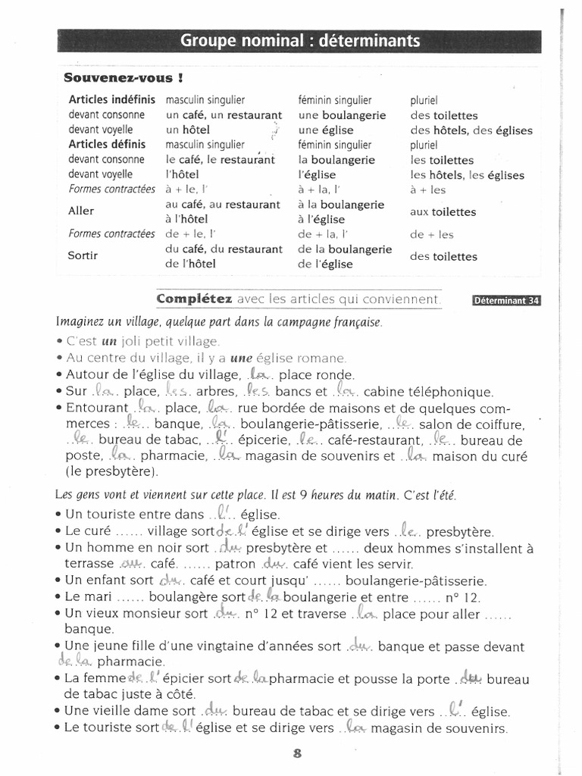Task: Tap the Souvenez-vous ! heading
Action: pyautogui.click(x=123, y=77)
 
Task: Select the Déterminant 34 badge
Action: pyautogui.click(x=506, y=300)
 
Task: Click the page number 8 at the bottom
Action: pyautogui.click(x=296, y=753)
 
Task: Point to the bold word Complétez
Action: pyautogui.click(x=194, y=299)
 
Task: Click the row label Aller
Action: pyautogui.click(x=81, y=211)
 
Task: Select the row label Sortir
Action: pyautogui.click(x=83, y=255)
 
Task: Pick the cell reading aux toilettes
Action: pyautogui.click(x=443, y=212)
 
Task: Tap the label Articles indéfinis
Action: pyautogui.click(x=111, y=100)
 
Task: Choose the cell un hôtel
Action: pyautogui.click(x=188, y=130)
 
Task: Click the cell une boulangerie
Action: pyautogui.click(x=342, y=115)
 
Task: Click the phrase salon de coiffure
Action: pyautogui.click(x=471, y=424)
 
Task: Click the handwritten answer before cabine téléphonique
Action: pyautogui.click(x=346, y=391)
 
